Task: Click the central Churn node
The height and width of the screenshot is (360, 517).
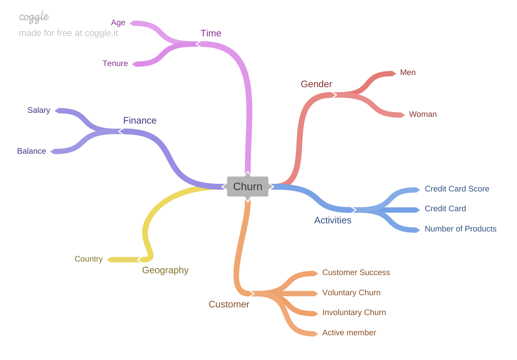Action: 248,187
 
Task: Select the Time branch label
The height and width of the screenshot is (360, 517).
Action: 211,33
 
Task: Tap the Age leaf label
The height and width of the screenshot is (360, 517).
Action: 118,22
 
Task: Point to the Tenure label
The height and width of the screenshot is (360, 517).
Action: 115,63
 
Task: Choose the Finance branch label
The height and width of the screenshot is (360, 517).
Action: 140,120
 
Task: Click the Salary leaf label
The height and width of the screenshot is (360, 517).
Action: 39,110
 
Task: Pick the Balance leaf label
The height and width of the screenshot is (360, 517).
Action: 31,151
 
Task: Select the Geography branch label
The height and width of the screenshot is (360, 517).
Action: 165,270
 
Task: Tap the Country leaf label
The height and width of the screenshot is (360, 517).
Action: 89,259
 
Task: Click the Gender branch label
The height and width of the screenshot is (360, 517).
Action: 316,84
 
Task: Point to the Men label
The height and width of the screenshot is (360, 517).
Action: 408,72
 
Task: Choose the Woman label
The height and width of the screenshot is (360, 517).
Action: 423,114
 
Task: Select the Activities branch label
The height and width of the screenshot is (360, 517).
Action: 333,220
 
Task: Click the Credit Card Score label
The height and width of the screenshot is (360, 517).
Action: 457,189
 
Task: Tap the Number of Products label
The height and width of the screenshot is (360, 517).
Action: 460,229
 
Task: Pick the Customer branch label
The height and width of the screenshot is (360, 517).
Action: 229,304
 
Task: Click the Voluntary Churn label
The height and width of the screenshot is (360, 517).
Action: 351,293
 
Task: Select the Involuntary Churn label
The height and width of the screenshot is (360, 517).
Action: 354,312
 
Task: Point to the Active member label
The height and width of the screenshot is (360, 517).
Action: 349,333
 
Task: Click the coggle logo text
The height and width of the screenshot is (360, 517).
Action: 34,17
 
